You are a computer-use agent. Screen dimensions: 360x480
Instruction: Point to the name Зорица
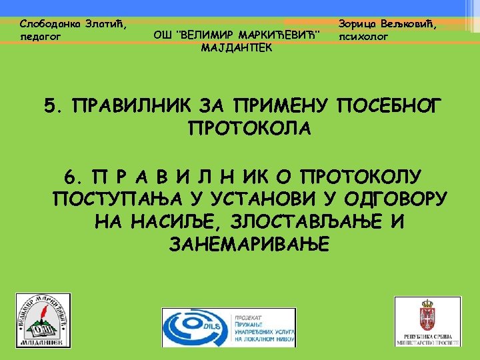point(358,23)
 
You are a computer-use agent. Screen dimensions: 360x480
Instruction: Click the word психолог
point(363,37)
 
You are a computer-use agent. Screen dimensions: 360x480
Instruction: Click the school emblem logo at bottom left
point(43,320)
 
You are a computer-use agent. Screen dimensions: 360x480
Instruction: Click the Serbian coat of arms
point(427,313)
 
